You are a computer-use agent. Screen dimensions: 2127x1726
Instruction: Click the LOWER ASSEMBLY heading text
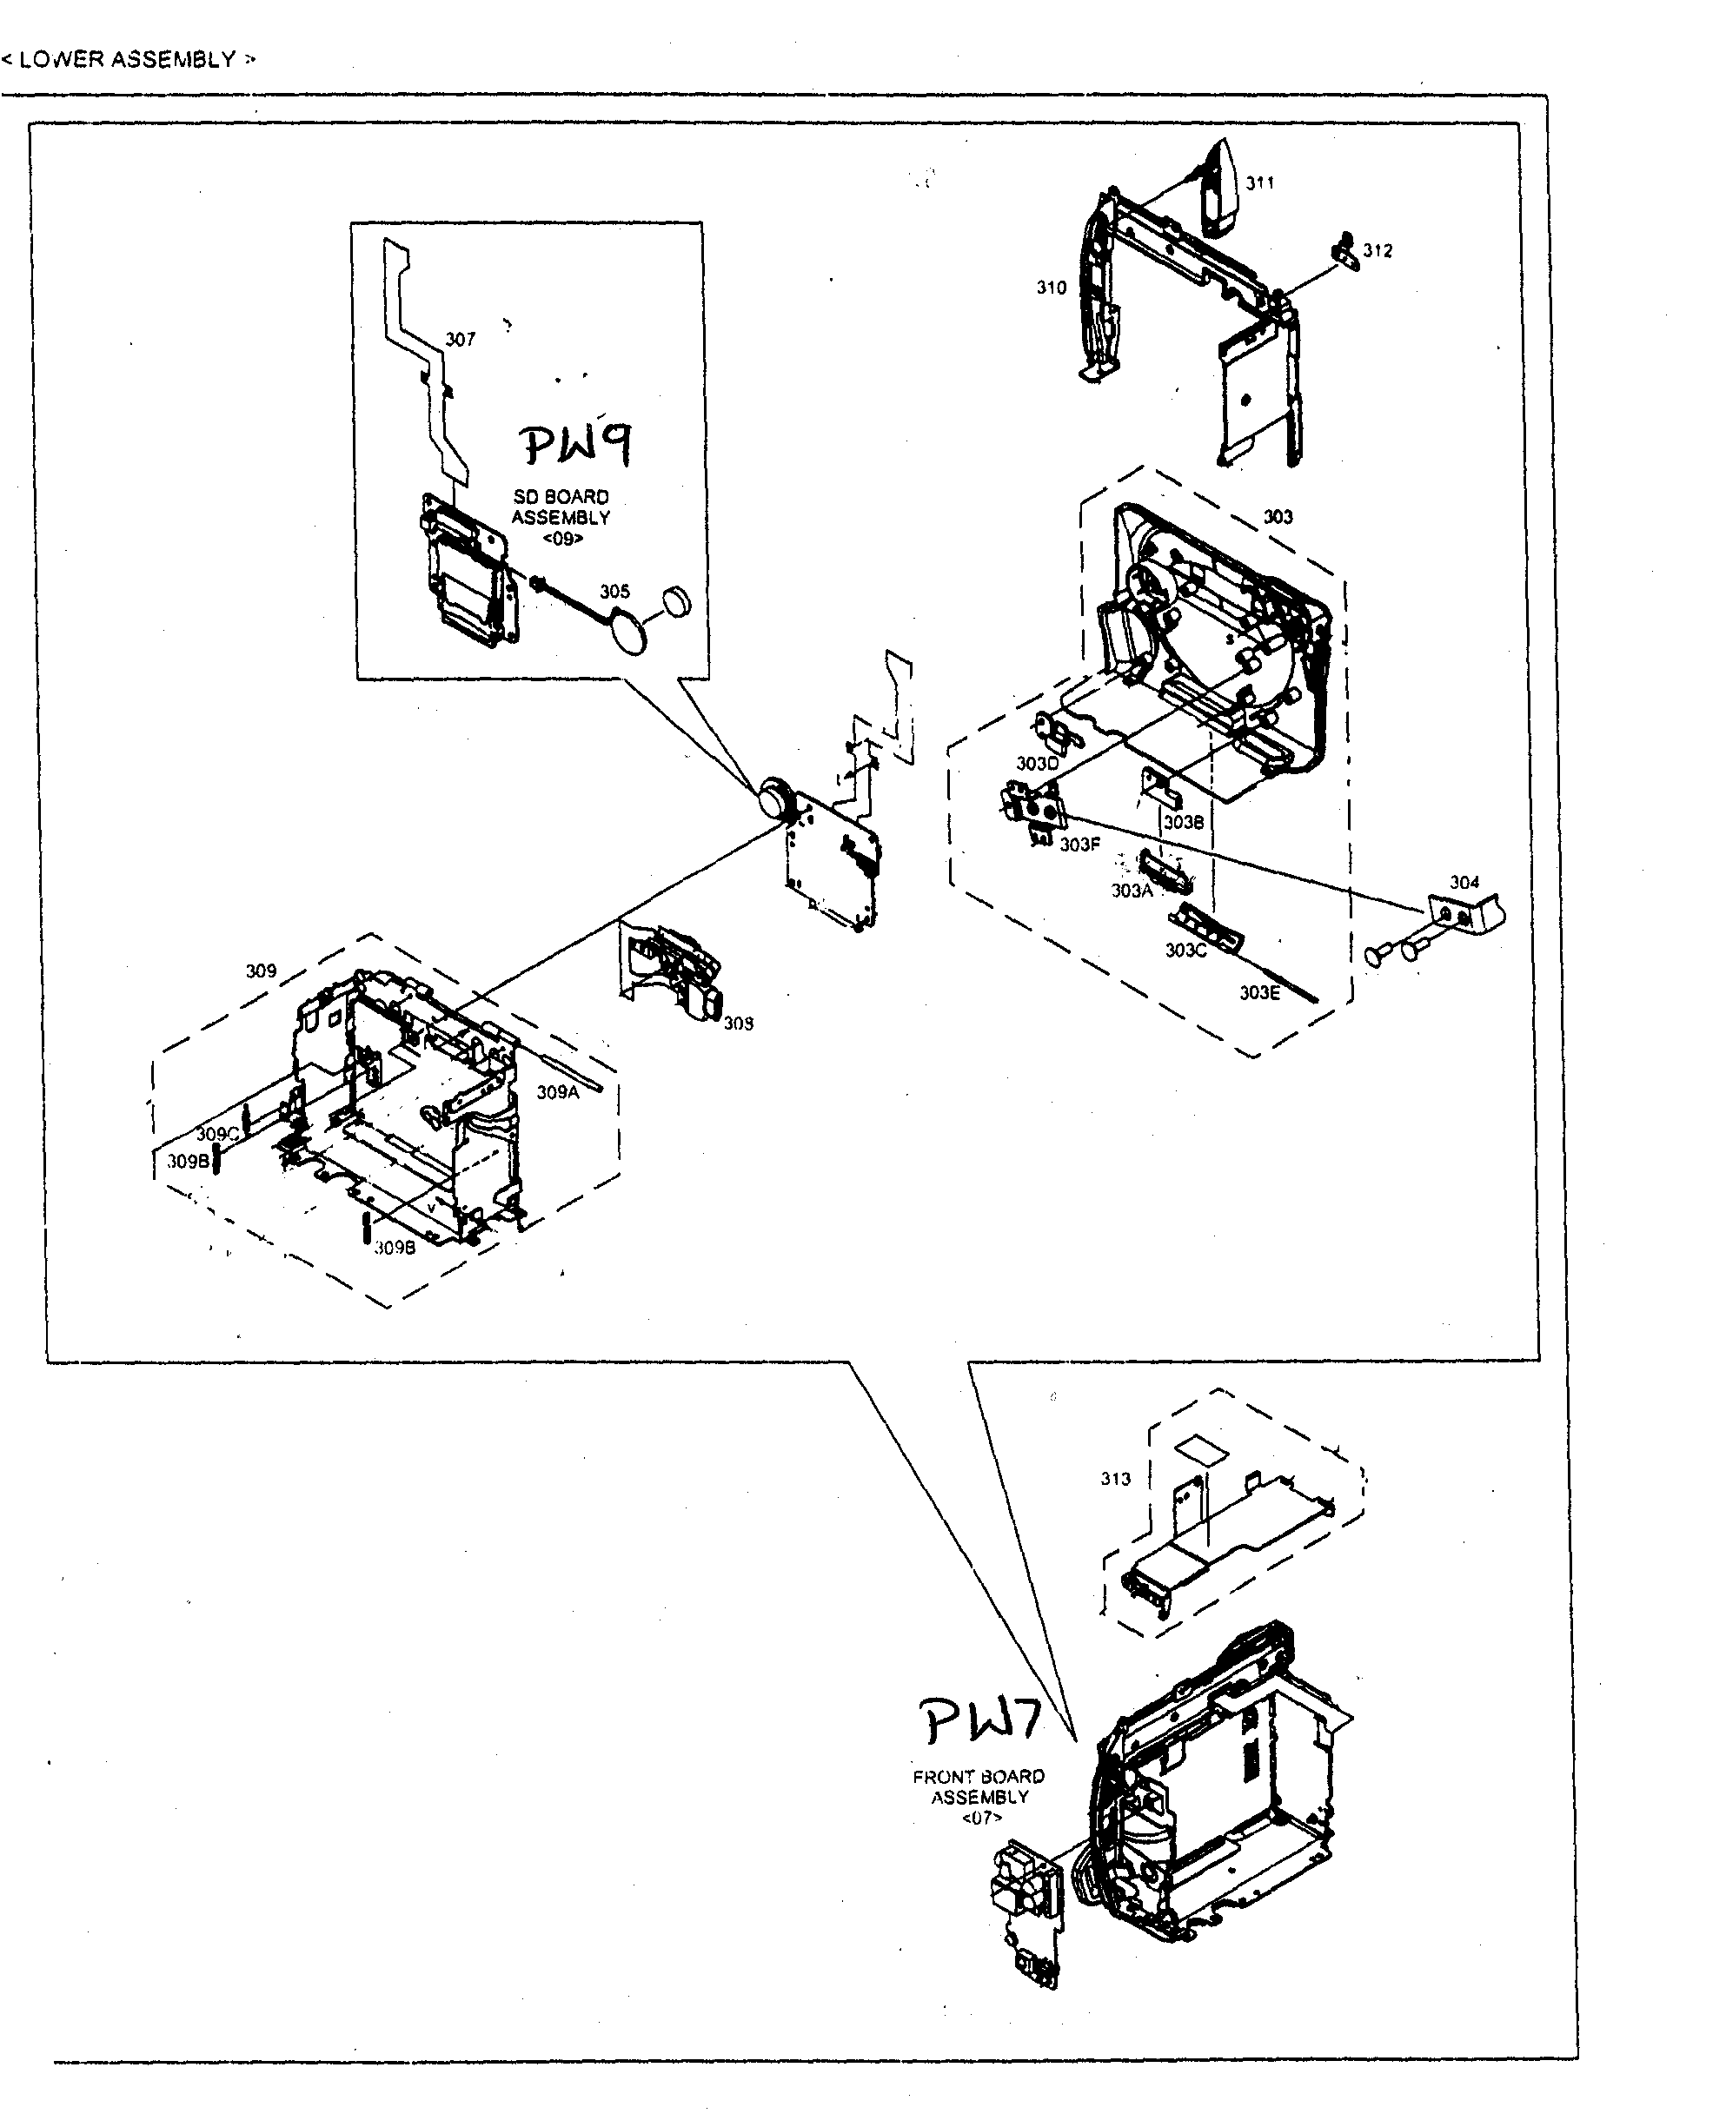(x=127, y=60)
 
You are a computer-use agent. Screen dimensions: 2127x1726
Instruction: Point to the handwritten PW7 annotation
(x=979, y=1721)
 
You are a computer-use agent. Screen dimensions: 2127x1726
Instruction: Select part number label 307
(x=460, y=340)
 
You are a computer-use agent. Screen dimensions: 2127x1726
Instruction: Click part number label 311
(x=1259, y=182)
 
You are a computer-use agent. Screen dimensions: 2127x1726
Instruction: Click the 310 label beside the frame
(x=1051, y=288)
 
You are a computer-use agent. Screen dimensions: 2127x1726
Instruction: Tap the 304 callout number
(x=1464, y=882)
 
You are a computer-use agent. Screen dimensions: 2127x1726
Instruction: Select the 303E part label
(x=1258, y=992)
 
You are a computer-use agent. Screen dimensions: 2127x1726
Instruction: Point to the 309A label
(x=557, y=1092)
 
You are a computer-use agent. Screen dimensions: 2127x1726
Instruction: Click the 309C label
(x=216, y=1134)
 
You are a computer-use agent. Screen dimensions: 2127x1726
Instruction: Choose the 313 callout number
(x=1116, y=1479)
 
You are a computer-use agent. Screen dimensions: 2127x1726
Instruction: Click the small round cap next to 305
(x=677, y=600)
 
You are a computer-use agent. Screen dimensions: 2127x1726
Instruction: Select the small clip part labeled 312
(x=1344, y=250)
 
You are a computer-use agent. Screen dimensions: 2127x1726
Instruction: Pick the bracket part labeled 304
(x=1466, y=911)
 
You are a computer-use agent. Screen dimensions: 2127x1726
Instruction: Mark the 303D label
(x=1037, y=764)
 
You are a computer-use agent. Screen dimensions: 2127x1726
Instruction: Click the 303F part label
(x=1079, y=845)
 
